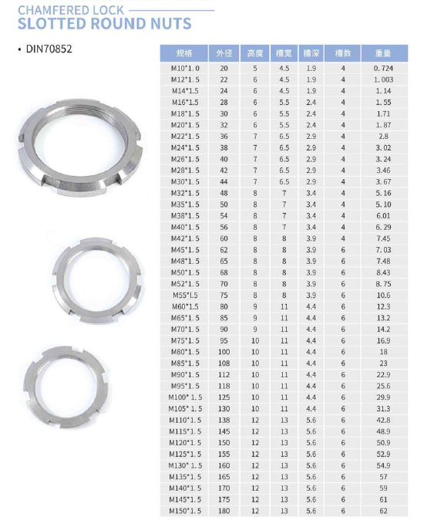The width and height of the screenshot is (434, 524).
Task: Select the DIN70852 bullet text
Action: click(49, 49)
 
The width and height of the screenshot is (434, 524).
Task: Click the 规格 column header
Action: click(185, 54)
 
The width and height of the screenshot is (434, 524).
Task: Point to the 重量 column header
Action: click(383, 54)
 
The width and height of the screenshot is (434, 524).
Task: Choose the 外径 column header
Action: click(224, 54)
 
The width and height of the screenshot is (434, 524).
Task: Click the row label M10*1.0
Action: click(185, 69)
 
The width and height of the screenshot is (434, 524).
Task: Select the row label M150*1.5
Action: click(185, 511)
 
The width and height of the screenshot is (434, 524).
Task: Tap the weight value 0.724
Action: click(383, 69)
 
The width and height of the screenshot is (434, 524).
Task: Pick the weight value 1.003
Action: click(383, 79)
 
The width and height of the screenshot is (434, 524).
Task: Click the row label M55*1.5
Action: click(185, 295)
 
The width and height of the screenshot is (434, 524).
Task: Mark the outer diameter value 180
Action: click(224, 511)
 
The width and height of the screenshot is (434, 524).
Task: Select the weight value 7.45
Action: click(383, 238)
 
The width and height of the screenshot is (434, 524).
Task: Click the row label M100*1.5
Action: click(185, 397)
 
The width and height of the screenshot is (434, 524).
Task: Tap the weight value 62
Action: click(383, 511)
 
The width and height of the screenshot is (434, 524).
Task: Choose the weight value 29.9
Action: click(383, 397)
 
